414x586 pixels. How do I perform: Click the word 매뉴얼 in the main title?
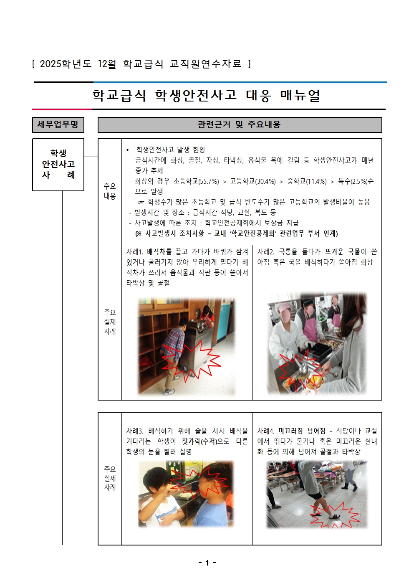coord(300,96)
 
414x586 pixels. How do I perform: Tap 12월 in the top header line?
coord(107,64)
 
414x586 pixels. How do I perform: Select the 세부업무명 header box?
coord(58,125)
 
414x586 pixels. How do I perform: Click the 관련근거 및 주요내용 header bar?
coord(240,125)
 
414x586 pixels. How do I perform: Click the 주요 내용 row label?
coord(110,191)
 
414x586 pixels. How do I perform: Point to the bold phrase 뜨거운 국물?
coord(343,252)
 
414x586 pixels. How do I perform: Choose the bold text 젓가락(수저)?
coord(199,441)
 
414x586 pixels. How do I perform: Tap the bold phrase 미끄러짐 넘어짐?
coord(302,431)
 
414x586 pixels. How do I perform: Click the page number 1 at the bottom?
coord(207,563)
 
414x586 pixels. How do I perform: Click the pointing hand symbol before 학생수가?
coord(141,202)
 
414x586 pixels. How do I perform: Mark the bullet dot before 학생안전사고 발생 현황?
coord(128,150)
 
